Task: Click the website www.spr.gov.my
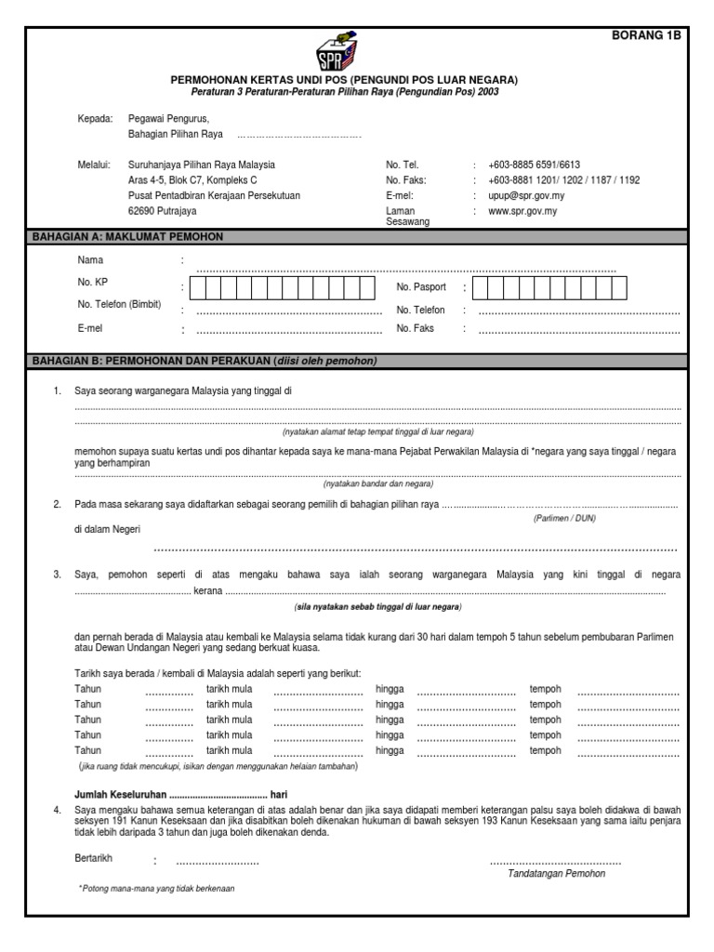coord(522,212)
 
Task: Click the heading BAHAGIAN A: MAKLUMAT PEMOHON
coord(127,237)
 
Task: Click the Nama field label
coord(91,260)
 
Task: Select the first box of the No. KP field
coord(200,287)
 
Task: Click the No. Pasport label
coord(421,287)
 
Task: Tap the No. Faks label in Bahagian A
coord(416,328)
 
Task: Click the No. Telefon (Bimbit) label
coord(120,305)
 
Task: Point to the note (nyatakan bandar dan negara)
coord(378,484)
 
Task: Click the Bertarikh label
coord(96,858)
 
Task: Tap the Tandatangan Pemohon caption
coord(556,874)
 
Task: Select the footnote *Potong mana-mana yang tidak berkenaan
coord(156,889)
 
